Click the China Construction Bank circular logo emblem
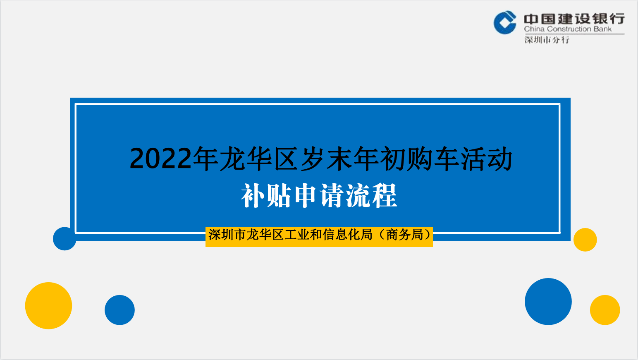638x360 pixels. (505, 22)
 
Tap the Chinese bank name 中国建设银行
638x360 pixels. (574, 19)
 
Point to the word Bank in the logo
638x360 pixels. (602, 29)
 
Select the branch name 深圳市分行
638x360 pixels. (547, 40)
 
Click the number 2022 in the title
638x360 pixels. (160, 158)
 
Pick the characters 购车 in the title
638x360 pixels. (419, 158)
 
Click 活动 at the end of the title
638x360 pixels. (487, 158)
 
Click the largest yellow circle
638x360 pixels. (48, 305)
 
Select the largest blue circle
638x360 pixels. (548, 302)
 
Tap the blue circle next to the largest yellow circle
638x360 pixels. (119, 310)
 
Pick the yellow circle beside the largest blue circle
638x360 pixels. (605, 310)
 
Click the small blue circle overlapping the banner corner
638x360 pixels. (65, 239)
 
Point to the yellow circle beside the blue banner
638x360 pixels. (585, 240)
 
